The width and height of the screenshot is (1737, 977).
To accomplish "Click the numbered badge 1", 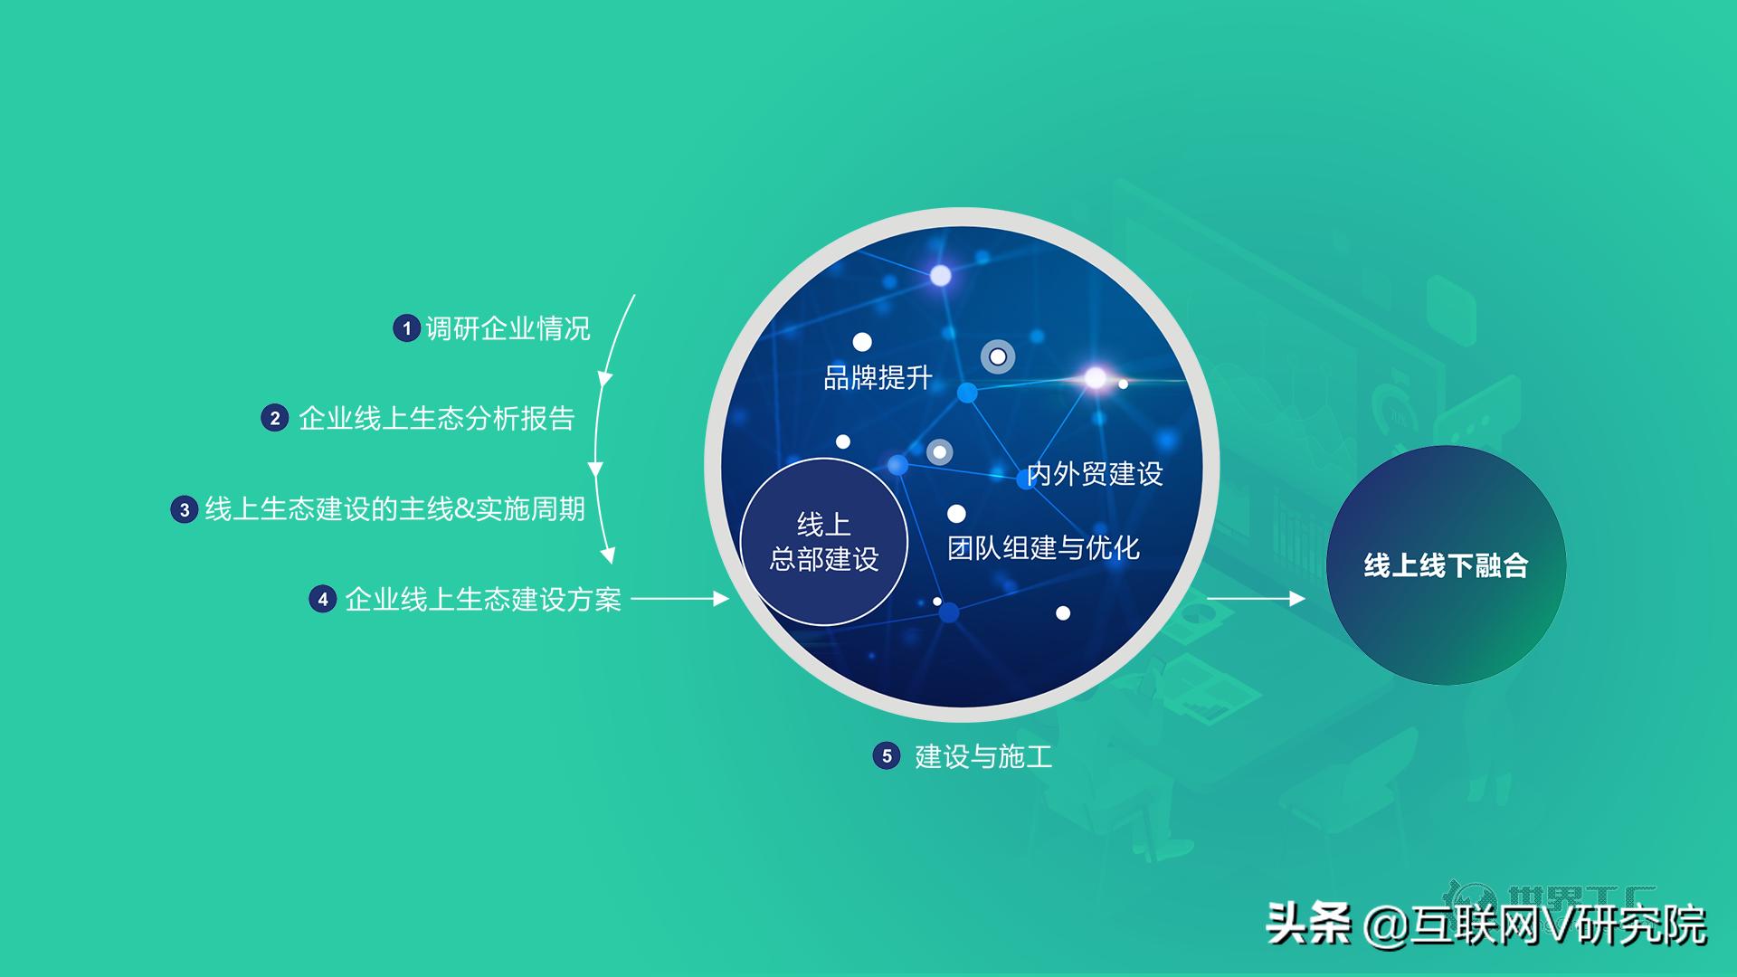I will (406, 327).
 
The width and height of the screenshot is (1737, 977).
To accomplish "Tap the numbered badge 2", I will (274, 418).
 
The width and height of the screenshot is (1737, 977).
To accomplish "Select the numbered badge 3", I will (185, 509).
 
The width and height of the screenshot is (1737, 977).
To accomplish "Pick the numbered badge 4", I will (323, 599).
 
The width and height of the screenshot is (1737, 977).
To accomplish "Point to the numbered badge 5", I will (887, 756).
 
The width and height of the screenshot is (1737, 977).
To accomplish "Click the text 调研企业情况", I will (508, 327).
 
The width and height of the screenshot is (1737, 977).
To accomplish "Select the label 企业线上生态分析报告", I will (436, 418).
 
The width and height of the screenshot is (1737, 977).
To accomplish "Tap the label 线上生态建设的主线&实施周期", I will (394, 509).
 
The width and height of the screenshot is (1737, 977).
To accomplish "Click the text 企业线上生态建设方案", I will (483, 599).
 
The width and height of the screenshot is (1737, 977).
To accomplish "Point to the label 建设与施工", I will (983, 756).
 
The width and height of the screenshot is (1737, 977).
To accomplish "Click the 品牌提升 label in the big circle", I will (878, 377).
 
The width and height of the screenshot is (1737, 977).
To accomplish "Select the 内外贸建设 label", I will (1095, 474).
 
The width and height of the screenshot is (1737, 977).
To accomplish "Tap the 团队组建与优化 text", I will (1043, 547).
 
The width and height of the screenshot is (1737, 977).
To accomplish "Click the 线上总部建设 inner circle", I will (823, 541).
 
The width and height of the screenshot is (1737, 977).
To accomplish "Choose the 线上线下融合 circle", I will (1446, 565).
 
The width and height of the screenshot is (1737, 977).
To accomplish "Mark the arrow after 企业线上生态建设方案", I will (679, 598).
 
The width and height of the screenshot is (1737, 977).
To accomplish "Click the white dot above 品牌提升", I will (862, 342).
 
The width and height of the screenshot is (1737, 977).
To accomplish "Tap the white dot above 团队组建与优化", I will (956, 514).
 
